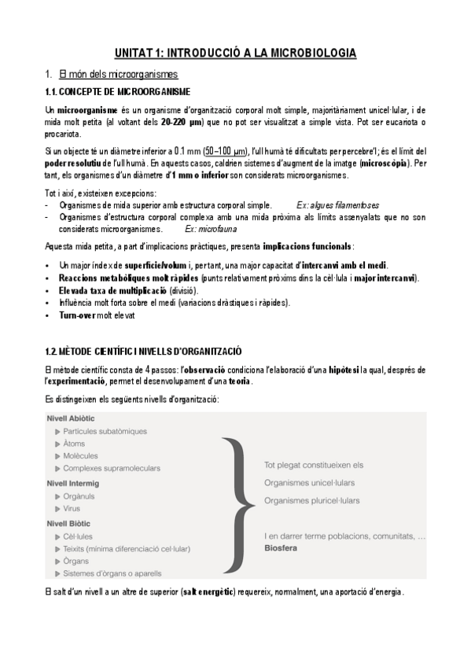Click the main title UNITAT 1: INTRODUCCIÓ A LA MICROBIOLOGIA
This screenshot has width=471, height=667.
pos(235,53)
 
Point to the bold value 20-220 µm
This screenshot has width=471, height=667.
pos(182,123)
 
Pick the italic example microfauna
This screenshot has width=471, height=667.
pos(208,229)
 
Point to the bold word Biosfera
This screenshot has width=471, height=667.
pos(281,547)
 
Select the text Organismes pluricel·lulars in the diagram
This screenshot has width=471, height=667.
pos(312,499)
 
